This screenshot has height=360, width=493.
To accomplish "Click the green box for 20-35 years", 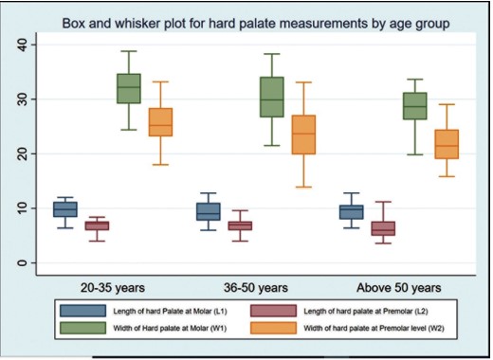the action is pyautogui.click(x=129, y=88).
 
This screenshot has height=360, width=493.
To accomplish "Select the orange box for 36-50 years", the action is pyautogui.click(x=303, y=135).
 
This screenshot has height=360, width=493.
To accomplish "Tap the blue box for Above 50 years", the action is pyautogui.click(x=352, y=212).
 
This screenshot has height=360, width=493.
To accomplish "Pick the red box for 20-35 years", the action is pyautogui.click(x=97, y=225).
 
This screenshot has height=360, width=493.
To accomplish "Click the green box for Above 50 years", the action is pyautogui.click(x=415, y=106).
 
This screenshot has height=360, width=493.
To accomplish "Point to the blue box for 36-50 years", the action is pyautogui.click(x=209, y=211).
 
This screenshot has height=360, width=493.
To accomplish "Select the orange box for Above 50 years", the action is pyautogui.click(x=447, y=144).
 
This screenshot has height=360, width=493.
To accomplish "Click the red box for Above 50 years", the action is pyautogui.click(x=383, y=228).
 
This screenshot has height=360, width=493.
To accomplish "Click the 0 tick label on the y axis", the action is pyautogui.click(x=23, y=262).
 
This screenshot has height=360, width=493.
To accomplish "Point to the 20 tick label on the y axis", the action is pyautogui.click(x=23, y=153).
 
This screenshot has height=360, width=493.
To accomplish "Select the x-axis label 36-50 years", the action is pyautogui.click(x=256, y=288).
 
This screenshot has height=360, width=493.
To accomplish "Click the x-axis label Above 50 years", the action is pyautogui.click(x=399, y=288).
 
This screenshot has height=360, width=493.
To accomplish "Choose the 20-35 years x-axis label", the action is pyautogui.click(x=113, y=288).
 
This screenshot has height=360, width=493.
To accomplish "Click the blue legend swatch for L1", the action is pyautogui.click(x=83, y=311).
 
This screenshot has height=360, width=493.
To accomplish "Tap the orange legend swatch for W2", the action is pyautogui.click(x=273, y=328).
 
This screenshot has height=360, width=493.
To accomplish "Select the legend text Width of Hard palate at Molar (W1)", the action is pyautogui.click(x=170, y=328).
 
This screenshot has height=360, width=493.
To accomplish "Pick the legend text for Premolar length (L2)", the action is pyautogui.click(x=366, y=312).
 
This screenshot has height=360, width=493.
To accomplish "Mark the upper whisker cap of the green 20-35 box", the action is pyautogui.click(x=129, y=51).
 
